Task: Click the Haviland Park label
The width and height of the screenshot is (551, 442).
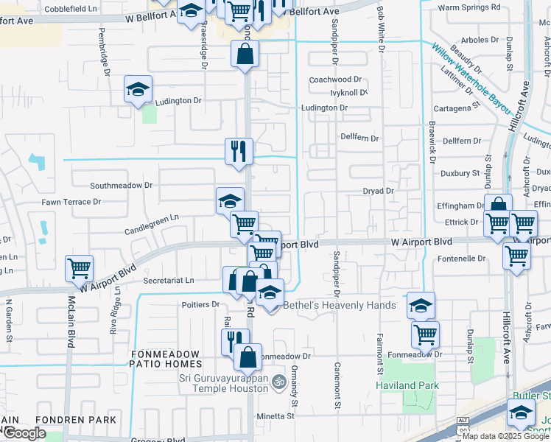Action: point(407,385)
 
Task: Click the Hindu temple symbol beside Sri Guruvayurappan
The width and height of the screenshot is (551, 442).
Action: point(278,382)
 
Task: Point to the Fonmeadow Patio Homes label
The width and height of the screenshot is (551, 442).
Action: point(165,359)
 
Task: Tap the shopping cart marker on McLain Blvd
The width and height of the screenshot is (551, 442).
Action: point(79,269)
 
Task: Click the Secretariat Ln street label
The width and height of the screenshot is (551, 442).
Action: point(169,280)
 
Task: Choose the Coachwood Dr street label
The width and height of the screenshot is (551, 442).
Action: point(336,79)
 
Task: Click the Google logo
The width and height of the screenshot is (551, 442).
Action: point(24,433)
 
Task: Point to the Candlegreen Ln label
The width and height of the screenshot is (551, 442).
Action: point(151,218)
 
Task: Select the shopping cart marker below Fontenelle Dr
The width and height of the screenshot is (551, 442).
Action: point(516,256)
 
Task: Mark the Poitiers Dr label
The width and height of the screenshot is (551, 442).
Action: point(200,304)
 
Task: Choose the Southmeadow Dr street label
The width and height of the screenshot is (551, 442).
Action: point(121,186)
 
